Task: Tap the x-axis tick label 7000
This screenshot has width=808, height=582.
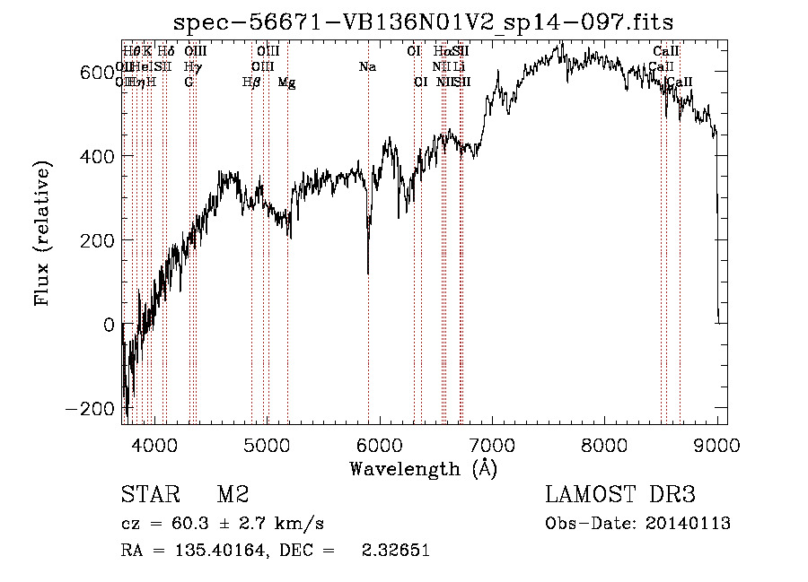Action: [x=490, y=446]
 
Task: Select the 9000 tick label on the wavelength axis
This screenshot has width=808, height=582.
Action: [x=715, y=446]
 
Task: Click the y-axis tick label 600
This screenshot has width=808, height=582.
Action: [x=101, y=73]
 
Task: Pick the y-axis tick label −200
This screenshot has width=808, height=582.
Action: [x=95, y=409]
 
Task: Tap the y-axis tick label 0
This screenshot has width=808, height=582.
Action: [x=110, y=325]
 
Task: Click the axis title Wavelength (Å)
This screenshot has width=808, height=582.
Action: [x=424, y=468]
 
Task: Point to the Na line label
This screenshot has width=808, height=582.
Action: [x=367, y=66]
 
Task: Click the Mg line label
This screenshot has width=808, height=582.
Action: [x=286, y=83]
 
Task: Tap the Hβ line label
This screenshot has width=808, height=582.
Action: [x=251, y=83]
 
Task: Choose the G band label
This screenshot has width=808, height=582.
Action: [x=189, y=83]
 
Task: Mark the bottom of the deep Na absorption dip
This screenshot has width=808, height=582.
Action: [x=368, y=272]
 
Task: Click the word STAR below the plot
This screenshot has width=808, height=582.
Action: [x=149, y=495]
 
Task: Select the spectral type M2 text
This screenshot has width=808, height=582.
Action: [x=233, y=495]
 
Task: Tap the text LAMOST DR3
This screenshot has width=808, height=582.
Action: [x=619, y=495]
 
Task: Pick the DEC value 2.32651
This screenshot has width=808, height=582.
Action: [x=395, y=551]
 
